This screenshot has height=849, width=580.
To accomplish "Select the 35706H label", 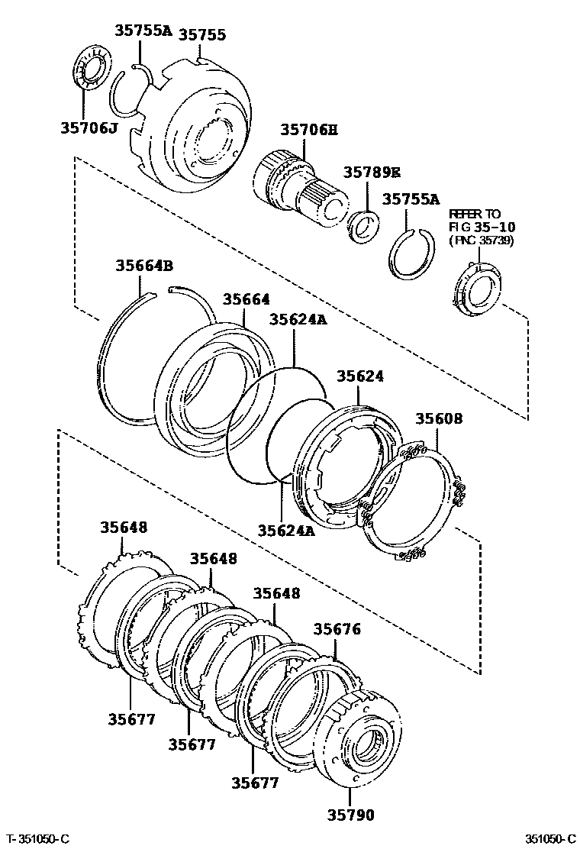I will click(308, 131).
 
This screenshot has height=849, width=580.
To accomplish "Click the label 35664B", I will click(144, 266).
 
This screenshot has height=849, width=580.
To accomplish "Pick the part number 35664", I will click(246, 300).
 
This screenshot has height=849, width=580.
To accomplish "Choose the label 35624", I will click(360, 376).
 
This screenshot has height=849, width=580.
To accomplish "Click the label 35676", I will click(337, 630).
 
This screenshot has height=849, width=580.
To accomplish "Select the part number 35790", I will click(352, 815).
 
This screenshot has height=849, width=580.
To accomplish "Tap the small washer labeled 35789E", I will click(363, 228).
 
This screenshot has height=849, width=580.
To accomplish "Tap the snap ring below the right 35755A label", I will click(413, 254).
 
